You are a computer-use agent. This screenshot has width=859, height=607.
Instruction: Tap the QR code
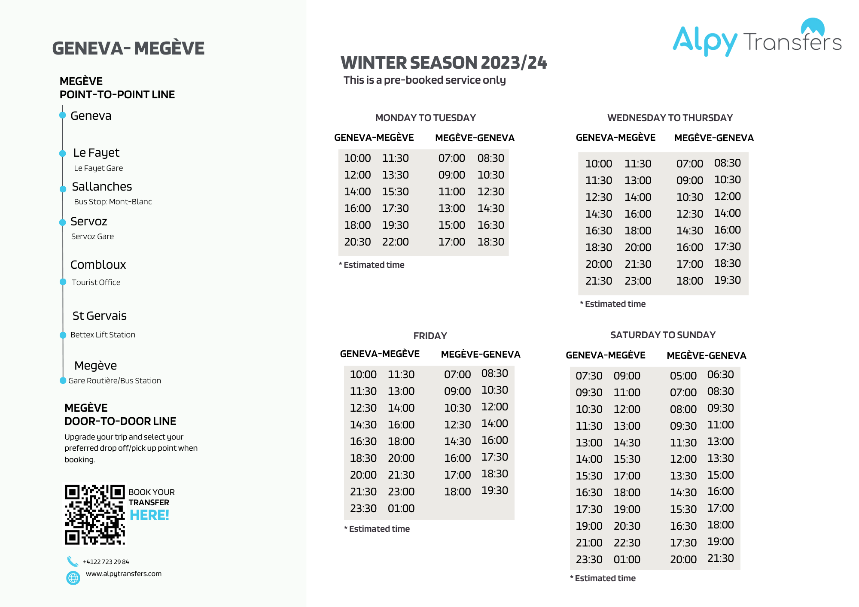[95, 515]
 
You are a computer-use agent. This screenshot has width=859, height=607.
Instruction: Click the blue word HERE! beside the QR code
[149, 515]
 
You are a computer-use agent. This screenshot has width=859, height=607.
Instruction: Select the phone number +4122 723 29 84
[106, 561]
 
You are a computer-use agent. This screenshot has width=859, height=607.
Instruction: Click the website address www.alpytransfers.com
[124, 574]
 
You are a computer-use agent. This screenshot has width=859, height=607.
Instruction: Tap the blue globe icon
[73, 578]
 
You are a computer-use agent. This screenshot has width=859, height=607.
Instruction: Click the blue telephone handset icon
[73, 561]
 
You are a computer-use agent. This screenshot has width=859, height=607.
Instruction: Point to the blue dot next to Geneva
[63, 115]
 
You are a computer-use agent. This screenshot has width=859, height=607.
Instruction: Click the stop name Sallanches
[102, 186]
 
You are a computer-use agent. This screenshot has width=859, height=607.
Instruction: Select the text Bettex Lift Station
[103, 335]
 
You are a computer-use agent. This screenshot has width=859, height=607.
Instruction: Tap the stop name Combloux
[98, 264]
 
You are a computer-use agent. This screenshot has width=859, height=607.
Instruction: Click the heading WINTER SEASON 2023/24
[444, 63]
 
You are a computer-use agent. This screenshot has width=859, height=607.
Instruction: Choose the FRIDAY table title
[430, 336]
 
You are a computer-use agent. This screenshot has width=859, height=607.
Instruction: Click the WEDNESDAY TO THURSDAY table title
[670, 118]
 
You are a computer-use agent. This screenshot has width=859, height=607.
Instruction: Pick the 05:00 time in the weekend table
[683, 376]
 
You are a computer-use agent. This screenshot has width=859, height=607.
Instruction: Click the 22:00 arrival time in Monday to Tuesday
[395, 242]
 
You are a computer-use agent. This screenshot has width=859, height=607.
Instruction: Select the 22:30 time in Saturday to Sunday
[627, 543]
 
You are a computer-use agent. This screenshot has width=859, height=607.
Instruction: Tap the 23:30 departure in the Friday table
[363, 508]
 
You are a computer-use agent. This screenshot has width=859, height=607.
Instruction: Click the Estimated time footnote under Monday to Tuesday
[372, 265]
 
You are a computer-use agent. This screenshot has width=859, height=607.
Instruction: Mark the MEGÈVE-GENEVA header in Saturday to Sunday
[706, 355]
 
